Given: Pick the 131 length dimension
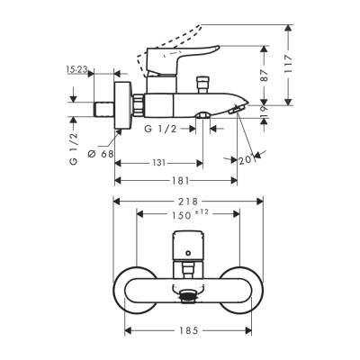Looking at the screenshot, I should [x=159, y=163].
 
